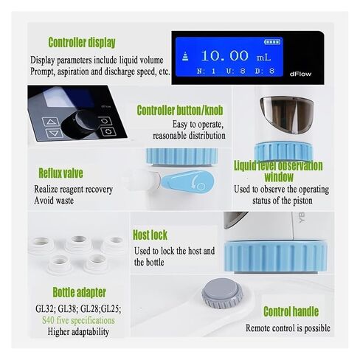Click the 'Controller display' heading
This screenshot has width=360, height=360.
pyautogui.click(x=82, y=43)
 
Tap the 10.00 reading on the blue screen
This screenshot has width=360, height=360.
pyautogui.click(x=225, y=56)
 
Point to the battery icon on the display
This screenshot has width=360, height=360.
pyautogui.click(x=272, y=42)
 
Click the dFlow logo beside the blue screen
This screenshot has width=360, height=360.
pyautogui.click(x=300, y=74)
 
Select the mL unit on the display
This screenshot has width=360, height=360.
pyautogui.click(x=264, y=58)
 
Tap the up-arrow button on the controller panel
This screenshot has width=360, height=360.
pyautogui.click(x=51, y=122)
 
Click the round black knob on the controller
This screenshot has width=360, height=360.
pyautogui.click(x=83, y=123)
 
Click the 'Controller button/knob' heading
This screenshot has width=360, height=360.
pyautogui.click(x=180, y=110)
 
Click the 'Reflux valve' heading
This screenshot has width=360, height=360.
pyautogui.click(x=60, y=173)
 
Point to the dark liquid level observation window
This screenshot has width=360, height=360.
pyautogui.click(x=287, y=115)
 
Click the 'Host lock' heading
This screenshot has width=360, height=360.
pyautogui.click(x=150, y=235)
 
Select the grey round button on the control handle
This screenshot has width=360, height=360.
pyautogui.click(x=222, y=293)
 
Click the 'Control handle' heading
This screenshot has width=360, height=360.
pyautogui.click(x=291, y=311)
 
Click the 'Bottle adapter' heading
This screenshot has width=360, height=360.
pyautogui.click(x=79, y=292)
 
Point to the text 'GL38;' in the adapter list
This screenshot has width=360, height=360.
pyautogui.click(x=68, y=308)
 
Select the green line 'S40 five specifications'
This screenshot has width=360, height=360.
pyautogui.click(x=78, y=320)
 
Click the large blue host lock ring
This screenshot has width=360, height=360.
pyautogui.click(x=276, y=257)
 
